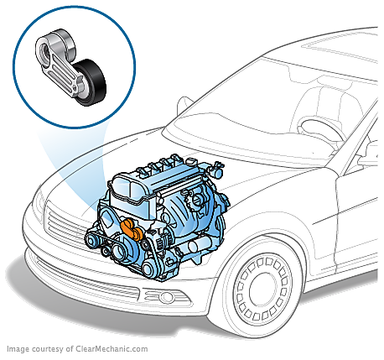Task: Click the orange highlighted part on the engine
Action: click(x=131, y=229)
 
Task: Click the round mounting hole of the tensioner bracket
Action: click(x=44, y=52)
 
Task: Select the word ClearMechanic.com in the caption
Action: click(x=112, y=349)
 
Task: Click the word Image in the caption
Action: click(x=18, y=349)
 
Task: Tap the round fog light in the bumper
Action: click(x=167, y=297)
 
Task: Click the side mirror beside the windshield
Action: click(x=184, y=106)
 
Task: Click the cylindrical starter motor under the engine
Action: click(x=200, y=245)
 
